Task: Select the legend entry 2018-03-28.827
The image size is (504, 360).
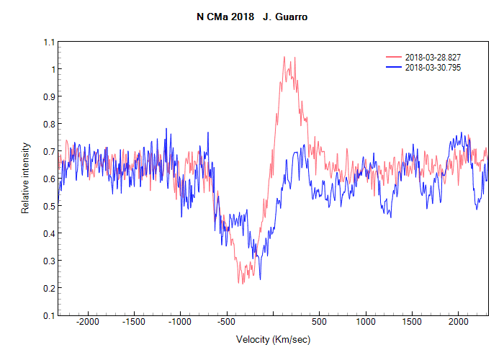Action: point(433,57)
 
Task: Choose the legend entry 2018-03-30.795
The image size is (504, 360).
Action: point(433,67)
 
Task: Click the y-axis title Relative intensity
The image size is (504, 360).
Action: point(25,178)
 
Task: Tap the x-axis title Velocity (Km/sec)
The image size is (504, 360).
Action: point(273,339)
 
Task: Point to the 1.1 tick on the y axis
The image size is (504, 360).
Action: point(48,42)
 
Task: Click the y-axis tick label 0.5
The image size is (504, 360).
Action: point(48,206)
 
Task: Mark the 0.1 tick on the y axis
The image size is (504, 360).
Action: point(48,315)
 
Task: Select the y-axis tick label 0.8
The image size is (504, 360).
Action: point(48,124)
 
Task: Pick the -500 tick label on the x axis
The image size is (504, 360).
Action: point(227,323)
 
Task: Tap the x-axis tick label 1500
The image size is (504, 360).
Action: point(412,323)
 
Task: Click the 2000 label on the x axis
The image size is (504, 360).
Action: point(458,323)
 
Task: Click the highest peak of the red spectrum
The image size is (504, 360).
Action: point(284,57)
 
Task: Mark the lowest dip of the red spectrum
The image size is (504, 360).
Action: point(240,283)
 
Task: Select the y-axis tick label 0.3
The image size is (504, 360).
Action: point(48,261)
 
